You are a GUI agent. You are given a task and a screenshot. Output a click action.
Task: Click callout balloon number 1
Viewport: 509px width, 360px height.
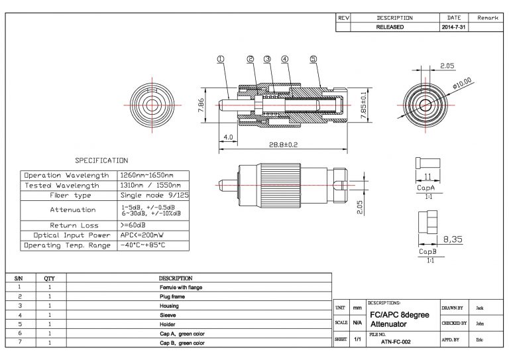221,58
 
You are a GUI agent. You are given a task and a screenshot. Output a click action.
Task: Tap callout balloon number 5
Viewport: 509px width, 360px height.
312,58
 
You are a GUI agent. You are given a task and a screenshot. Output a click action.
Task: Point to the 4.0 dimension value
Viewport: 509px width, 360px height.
228,138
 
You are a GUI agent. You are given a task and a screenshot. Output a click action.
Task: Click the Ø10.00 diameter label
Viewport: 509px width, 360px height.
461,84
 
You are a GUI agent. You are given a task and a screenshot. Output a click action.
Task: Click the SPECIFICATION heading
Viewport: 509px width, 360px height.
101,160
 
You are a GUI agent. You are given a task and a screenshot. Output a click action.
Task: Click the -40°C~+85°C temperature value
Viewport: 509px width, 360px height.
143,245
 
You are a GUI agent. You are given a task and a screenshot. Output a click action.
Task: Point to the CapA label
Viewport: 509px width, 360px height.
425,189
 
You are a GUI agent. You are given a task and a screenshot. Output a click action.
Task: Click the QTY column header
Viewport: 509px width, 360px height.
49,278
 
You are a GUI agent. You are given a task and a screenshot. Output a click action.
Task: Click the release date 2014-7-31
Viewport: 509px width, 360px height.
454,28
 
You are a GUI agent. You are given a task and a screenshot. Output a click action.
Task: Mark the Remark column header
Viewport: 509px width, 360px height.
487,18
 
